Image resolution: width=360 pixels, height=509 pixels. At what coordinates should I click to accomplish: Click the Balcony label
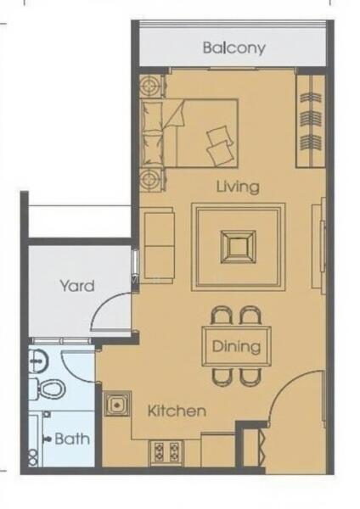[x=234, y=48]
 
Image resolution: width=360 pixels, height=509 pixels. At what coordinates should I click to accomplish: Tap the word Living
[x=238, y=187]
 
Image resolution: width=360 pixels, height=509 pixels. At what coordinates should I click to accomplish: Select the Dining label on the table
[x=236, y=346]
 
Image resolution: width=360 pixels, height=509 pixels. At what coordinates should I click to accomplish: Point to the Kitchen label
[x=177, y=411]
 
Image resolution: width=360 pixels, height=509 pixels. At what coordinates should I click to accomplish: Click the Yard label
[x=77, y=286]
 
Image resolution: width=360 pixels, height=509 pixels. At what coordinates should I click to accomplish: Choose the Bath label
[x=72, y=439]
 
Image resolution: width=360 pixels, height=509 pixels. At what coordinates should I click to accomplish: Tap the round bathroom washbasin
[x=38, y=361]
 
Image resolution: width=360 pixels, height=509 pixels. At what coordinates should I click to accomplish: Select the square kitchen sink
[x=117, y=404]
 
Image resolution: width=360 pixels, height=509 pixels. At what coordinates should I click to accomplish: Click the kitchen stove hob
[x=166, y=452]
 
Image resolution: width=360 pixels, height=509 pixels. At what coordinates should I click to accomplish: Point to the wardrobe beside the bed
[x=311, y=121]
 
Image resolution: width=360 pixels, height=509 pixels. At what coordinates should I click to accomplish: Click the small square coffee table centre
[x=238, y=247]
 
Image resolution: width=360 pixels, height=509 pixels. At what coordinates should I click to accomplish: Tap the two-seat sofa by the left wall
[x=159, y=246]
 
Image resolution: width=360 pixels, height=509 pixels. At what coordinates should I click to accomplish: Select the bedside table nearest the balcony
[x=152, y=86]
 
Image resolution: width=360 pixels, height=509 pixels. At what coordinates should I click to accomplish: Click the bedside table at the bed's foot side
[x=152, y=179]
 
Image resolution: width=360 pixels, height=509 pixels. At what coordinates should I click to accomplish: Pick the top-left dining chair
[x=222, y=316]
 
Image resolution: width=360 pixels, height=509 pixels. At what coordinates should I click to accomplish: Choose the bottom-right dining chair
[x=250, y=377]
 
